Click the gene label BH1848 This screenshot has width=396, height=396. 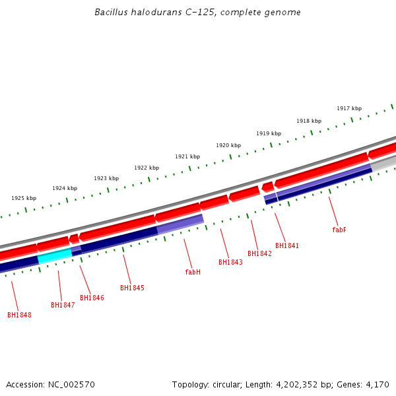[19, 315]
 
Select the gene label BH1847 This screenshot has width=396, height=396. [63, 305]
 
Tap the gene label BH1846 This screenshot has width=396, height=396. [92, 298]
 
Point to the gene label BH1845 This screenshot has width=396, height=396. [132, 288]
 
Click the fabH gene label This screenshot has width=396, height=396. [193, 272]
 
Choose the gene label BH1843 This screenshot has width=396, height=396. [230, 262]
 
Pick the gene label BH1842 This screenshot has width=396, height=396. [259, 253]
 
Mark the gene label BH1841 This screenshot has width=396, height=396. [287, 246]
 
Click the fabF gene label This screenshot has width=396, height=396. [339, 230]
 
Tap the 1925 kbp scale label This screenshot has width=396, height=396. [24, 198]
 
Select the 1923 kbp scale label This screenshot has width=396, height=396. [106, 178]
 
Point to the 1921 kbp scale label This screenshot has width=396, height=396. [187, 156]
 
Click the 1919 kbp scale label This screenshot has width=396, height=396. [269, 133]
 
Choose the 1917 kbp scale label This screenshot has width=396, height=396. [349, 108]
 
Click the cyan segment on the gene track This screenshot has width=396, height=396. [55, 256]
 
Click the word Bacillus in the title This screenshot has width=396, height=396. [110, 12]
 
